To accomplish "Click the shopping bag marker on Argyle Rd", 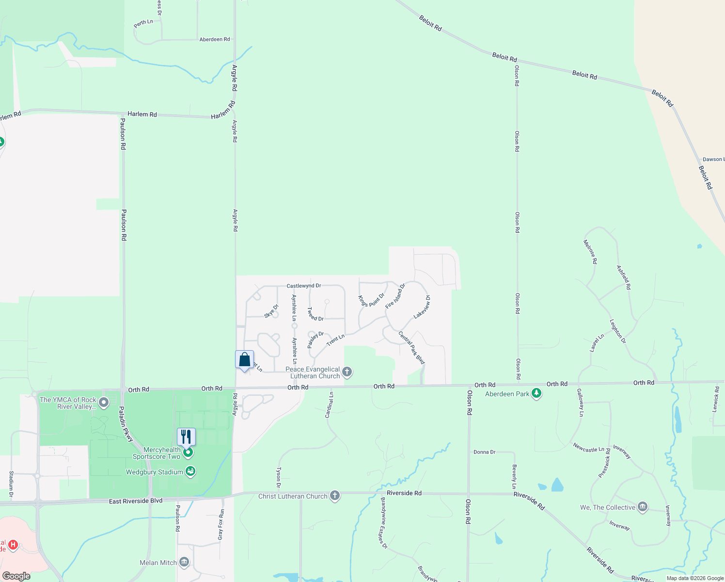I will coord(244,360).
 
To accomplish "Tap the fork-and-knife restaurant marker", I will coord(186,437).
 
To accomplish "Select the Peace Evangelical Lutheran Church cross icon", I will coord(347,372).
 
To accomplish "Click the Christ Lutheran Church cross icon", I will coord(334,496).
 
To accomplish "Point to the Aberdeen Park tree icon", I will coord(536,393).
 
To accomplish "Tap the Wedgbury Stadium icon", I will coord(190,471).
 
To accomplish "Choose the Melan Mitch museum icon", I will coord(184,562).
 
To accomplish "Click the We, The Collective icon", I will coord(643,507).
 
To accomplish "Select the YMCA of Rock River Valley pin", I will coord(103,403).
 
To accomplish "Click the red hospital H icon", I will coord(13,545).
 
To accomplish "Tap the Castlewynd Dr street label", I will coord(303,286).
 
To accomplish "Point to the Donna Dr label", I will coord(484,452).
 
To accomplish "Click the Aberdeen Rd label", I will coord(214,39).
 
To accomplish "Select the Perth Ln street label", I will coord(143,23).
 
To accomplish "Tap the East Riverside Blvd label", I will coord(136,501).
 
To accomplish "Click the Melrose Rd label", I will coord(590,252).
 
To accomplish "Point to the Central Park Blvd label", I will coord(411,347).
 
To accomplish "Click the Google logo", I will coord(16,576).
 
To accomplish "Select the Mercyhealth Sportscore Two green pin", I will coord(189,453).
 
